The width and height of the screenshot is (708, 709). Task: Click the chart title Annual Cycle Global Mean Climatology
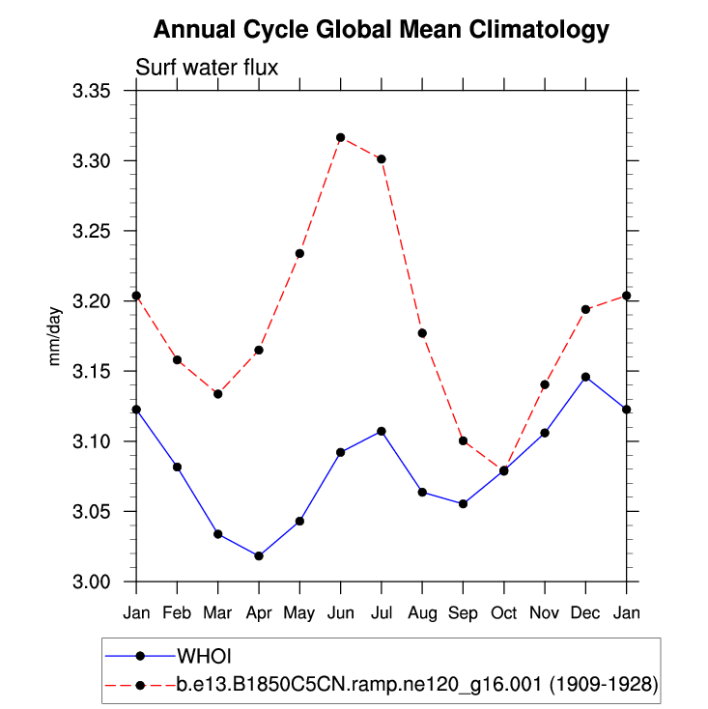click(x=382, y=30)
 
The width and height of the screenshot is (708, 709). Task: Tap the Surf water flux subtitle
click(x=208, y=68)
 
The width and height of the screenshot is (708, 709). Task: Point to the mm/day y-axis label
click(x=55, y=336)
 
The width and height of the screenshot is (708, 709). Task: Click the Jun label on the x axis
click(x=340, y=612)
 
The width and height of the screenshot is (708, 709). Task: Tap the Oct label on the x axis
click(x=503, y=612)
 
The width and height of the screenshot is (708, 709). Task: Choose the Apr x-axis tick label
click(x=259, y=612)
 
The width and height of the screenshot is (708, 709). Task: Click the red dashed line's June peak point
click(x=340, y=137)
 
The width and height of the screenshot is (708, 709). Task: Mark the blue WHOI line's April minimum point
click(x=259, y=555)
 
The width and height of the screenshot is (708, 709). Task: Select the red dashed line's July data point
click(x=382, y=158)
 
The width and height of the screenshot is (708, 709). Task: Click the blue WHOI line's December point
click(x=585, y=377)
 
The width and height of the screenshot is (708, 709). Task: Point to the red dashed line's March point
click(x=218, y=394)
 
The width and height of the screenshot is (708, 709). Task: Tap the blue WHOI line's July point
click(x=382, y=431)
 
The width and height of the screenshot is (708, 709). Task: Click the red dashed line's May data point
click(x=299, y=254)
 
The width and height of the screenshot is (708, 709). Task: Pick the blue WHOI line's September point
click(x=463, y=503)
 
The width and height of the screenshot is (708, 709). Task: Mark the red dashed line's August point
click(x=422, y=333)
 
